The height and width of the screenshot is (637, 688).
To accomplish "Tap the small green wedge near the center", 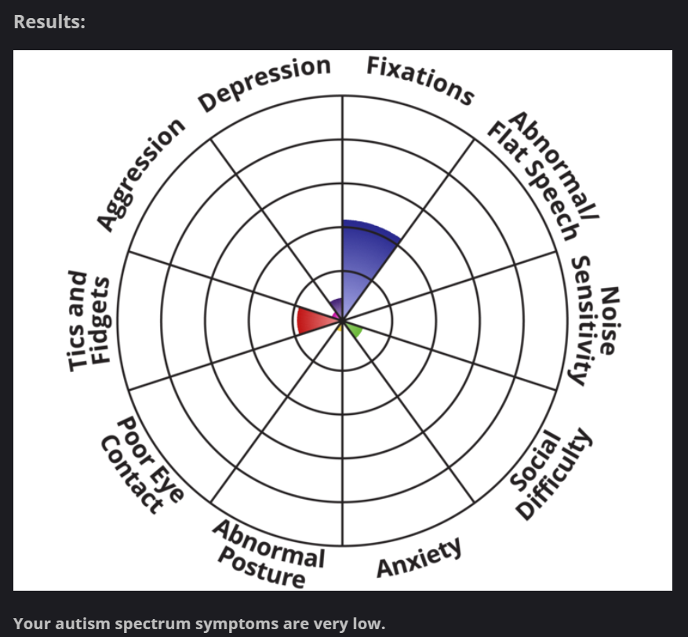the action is [x=354, y=329].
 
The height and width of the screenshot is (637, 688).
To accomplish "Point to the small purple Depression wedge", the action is [x=337, y=306].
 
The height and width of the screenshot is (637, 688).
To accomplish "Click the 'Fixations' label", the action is [x=420, y=80].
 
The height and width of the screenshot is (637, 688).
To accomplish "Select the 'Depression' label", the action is [x=264, y=83].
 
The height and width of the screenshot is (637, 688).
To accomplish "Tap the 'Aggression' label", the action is [x=141, y=174].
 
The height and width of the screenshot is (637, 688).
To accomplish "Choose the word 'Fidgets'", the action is [x=100, y=320].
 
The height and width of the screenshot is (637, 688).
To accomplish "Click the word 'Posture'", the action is [x=261, y=568].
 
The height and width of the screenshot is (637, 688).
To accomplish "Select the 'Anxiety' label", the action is [x=419, y=557].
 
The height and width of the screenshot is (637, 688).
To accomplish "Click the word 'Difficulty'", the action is [x=554, y=473].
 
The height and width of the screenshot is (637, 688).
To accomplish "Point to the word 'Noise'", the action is [x=610, y=321].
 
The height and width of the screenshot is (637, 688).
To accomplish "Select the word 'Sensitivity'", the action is [x=582, y=321].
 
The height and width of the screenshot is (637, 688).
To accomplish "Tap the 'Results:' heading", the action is [x=49, y=22].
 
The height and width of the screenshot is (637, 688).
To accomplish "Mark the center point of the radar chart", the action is [x=343, y=321].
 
